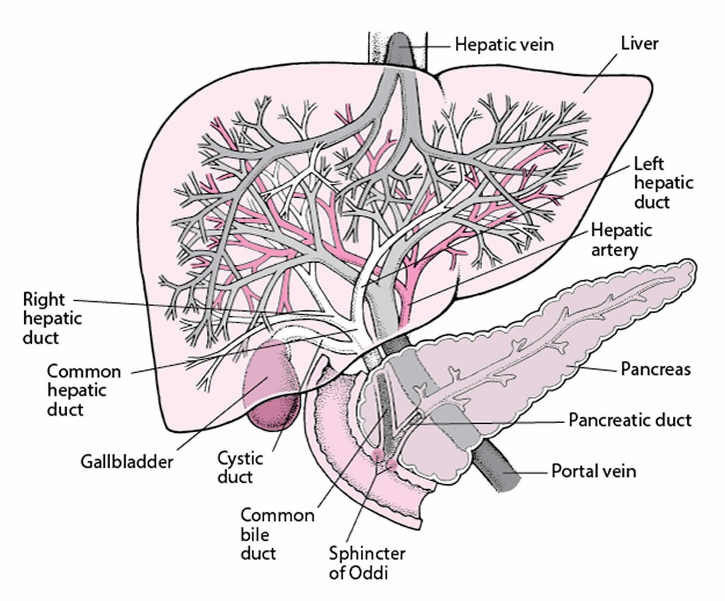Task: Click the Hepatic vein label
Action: tap(504, 45)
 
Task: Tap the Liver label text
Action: tap(639, 43)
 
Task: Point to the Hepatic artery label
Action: tap(621, 240)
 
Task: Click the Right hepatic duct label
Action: tap(52, 318)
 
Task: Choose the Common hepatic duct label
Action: tap(83, 390)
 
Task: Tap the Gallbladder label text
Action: tap(126, 461)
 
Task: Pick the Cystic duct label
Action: tap(240, 467)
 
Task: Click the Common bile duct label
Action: tap(277, 534)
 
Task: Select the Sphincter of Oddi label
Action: tap(367, 563)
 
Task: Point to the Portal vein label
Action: tap(594, 471)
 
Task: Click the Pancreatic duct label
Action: tap(630, 420)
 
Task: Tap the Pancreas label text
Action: tap(655, 370)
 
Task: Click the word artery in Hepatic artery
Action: tap(614, 250)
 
